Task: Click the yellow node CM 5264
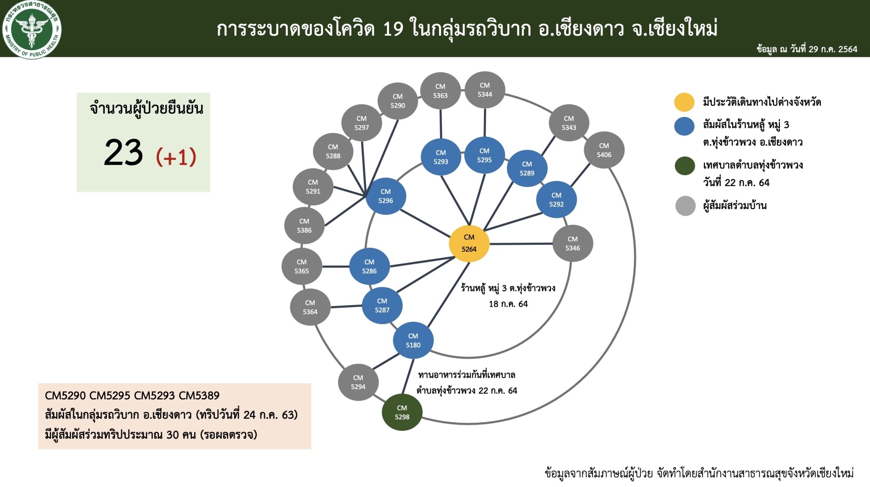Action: click(x=469, y=243)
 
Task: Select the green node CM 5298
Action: click(x=402, y=412)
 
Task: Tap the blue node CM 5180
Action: click(x=413, y=340)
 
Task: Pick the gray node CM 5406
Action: click(x=604, y=150)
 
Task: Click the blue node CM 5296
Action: click(x=386, y=196)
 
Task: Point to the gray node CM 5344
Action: click(x=485, y=90)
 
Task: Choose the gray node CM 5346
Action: click(x=573, y=243)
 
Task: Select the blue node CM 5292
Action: click(x=556, y=200)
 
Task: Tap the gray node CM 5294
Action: click(x=358, y=382)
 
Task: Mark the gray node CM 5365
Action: click(x=302, y=266)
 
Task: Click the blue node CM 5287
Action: click(x=382, y=306)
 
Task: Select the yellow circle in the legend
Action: click(x=684, y=102)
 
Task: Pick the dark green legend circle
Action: click(x=685, y=166)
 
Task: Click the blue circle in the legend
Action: click(x=684, y=126)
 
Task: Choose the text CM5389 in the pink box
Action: click(x=199, y=396)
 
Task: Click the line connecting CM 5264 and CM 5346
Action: click(x=521, y=244)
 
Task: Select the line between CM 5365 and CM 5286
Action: click(x=336, y=266)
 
